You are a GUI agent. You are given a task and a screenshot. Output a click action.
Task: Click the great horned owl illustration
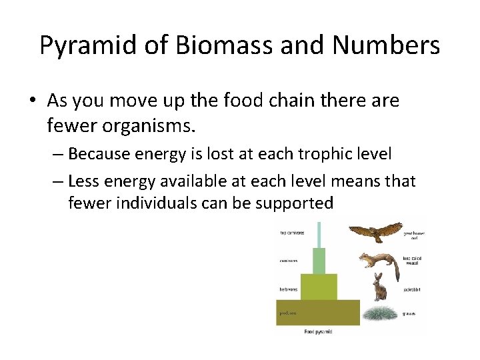point(376,232)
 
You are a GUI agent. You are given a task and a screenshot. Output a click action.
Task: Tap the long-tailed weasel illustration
point(379,262)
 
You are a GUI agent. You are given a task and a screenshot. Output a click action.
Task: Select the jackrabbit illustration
point(379,287)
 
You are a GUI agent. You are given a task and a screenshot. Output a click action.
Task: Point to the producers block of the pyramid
point(318,312)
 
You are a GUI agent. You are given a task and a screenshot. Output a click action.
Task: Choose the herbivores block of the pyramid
point(319,287)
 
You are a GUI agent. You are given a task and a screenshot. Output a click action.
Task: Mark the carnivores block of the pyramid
point(319,261)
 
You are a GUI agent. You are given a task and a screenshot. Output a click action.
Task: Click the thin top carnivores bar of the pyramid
point(319,234)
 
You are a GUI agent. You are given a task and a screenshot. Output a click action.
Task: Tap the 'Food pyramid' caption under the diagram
point(319,331)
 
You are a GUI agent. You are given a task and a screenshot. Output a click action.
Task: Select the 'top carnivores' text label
point(292,233)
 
